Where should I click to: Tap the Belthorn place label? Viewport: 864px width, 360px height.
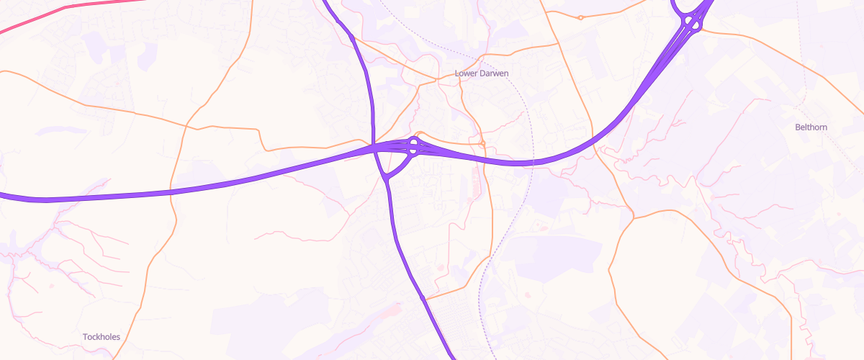[x=811, y=127]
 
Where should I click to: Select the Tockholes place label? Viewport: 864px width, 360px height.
[x=102, y=337]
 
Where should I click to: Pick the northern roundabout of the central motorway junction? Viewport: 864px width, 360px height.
[x=414, y=143]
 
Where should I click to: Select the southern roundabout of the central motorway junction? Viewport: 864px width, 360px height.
[x=414, y=152]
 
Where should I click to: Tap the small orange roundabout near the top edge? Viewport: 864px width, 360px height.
[x=580, y=17]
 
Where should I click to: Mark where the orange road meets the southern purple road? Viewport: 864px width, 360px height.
[x=425, y=299]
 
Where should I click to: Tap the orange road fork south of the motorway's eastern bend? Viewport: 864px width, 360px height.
[x=631, y=216]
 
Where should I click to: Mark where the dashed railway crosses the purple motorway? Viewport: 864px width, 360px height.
[x=531, y=162]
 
